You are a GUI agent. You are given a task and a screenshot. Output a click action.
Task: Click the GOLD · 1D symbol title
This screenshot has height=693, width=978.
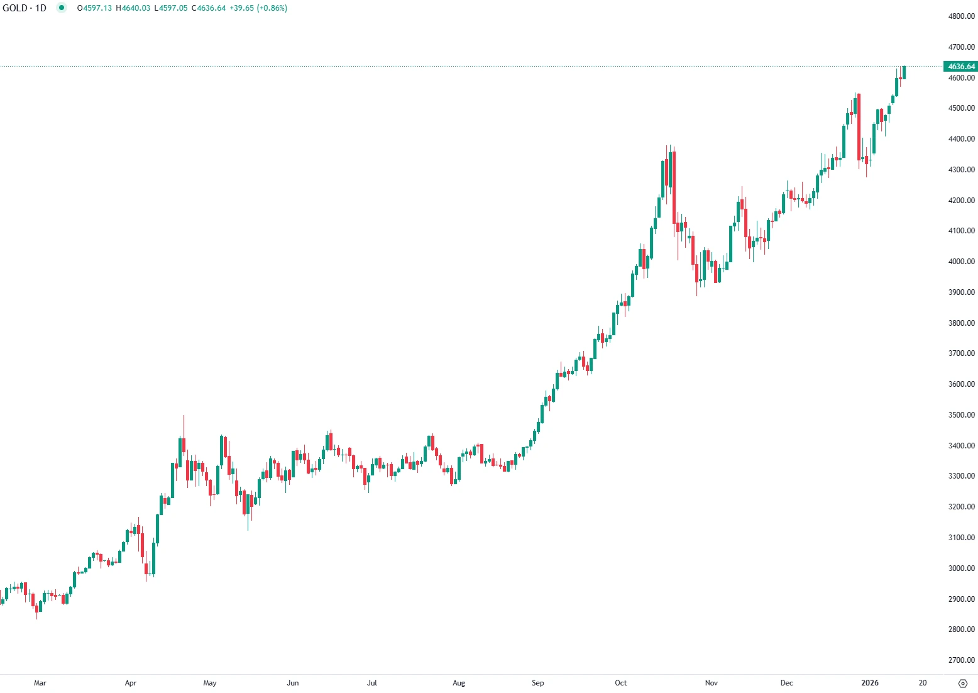(x=25, y=8)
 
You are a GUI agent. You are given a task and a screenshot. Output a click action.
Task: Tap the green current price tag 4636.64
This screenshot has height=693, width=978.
(x=961, y=67)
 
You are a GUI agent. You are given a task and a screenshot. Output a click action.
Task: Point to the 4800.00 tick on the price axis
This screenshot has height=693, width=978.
(x=961, y=16)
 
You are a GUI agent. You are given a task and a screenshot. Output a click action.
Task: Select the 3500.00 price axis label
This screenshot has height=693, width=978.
(x=961, y=415)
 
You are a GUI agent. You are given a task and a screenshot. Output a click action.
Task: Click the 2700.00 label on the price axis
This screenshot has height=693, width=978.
(x=961, y=660)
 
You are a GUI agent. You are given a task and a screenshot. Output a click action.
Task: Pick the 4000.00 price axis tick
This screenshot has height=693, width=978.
(x=961, y=262)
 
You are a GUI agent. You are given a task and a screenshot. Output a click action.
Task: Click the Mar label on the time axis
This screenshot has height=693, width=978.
(x=40, y=683)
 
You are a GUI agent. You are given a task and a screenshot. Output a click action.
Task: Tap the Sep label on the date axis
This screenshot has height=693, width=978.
(x=538, y=683)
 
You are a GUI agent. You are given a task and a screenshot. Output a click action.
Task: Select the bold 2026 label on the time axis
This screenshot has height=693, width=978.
(x=870, y=683)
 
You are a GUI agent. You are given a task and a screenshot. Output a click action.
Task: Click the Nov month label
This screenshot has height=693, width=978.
(x=712, y=683)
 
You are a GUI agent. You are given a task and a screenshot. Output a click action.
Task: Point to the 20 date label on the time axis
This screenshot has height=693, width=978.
(x=923, y=683)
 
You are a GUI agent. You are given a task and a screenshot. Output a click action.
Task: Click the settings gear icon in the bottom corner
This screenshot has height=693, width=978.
(x=963, y=684)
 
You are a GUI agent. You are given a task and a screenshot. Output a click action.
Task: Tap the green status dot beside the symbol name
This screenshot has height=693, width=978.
(x=61, y=8)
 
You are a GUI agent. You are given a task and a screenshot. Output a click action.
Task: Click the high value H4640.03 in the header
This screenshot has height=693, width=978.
(x=133, y=8)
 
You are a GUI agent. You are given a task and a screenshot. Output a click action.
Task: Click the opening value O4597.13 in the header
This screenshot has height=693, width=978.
(x=94, y=8)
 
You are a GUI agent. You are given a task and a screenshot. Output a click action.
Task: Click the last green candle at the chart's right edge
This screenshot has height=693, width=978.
(x=904, y=72)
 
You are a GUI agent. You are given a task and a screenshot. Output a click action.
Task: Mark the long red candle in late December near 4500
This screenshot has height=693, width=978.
(x=859, y=126)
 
